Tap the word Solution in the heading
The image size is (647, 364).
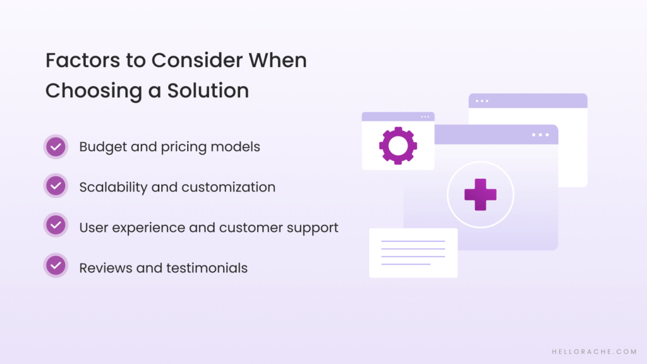pyautogui.click(x=208, y=90)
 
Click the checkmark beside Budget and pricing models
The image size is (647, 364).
pyautogui.click(x=56, y=147)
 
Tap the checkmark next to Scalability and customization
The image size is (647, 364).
pyautogui.click(x=56, y=186)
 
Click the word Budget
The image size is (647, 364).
pyautogui.click(x=100, y=147)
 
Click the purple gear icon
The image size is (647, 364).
pyautogui.click(x=397, y=145)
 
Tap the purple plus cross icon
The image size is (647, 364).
pyautogui.click(x=480, y=195)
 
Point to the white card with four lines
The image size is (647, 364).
pyautogui.click(x=413, y=253)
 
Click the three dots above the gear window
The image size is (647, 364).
pyautogui.click(x=425, y=117)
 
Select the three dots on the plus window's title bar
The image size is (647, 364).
pyautogui.click(x=540, y=135)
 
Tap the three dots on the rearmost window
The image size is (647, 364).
pyautogui.click(x=482, y=101)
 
